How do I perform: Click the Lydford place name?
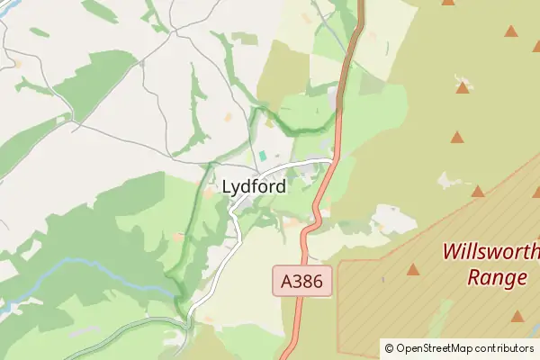tap(254, 187)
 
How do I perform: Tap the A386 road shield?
tap(303, 282)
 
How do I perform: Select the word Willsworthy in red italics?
tap(490, 251)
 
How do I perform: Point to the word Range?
tap(497, 277)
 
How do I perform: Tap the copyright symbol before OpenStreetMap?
tap(389, 348)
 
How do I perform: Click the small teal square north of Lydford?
tap(263, 156)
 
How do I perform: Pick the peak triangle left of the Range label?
tap(413, 269)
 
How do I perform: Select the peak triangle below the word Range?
tap(517, 316)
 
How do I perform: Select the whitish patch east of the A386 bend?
tap(391, 218)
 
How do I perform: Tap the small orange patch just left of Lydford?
tap(209, 191)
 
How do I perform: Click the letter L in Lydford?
tap(227, 187)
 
